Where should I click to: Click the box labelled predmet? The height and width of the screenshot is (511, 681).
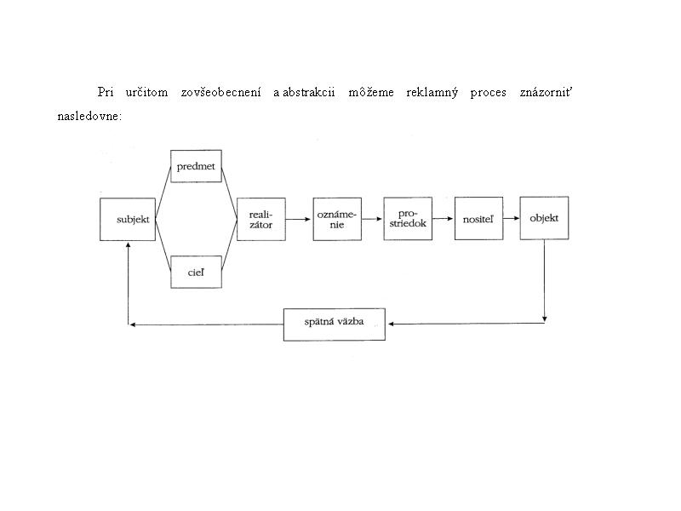(x=196, y=166)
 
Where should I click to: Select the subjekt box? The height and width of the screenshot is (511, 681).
(x=128, y=220)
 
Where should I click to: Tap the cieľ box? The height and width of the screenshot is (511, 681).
(x=196, y=272)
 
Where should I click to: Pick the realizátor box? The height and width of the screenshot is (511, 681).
(x=261, y=219)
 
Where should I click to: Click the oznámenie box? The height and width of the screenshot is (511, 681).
(x=337, y=219)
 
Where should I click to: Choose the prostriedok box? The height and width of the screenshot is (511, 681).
(x=408, y=219)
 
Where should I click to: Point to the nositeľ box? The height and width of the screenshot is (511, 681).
(x=478, y=219)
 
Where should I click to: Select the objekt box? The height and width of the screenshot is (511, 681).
(x=544, y=218)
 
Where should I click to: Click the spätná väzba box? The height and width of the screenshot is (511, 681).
(x=335, y=324)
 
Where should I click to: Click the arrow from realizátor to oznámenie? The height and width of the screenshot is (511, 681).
(x=299, y=219)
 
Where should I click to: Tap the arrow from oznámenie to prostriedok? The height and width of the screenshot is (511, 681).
(x=372, y=219)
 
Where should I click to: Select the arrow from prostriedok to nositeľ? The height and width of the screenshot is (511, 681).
(x=443, y=219)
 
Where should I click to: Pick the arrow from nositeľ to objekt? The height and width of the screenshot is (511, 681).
(x=512, y=218)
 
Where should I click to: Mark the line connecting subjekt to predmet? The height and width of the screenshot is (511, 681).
(x=163, y=192)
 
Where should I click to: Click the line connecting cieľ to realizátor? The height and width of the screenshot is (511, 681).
(x=229, y=245)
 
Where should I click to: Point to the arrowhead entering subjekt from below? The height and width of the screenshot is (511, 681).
(x=129, y=245)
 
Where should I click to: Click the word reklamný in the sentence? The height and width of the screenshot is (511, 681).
(x=432, y=93)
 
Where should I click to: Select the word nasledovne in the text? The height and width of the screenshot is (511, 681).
(x=88, y=116)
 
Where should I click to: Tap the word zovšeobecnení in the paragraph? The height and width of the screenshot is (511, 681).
(x=221, y=92)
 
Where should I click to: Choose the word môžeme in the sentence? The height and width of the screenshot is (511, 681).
(x=371, y=92)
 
